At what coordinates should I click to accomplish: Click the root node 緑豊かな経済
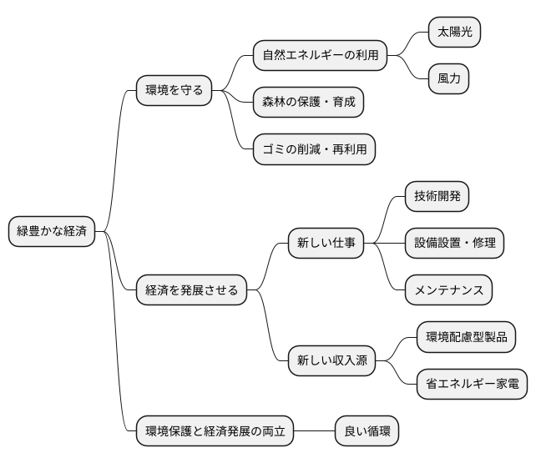coord(52,231)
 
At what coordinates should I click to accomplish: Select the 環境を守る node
coord(174,89)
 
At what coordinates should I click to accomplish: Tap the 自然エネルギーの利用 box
coord(321,55)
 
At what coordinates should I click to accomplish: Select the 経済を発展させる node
coord(192,290)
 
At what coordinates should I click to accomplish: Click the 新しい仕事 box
coord(326,244)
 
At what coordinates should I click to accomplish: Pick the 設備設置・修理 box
coord(455,244)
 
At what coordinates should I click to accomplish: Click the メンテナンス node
coord(448,290)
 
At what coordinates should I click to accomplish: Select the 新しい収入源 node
coord(331,361)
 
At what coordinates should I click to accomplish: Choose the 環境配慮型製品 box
coord(466,337)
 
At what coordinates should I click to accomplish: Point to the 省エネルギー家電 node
coord(472,384)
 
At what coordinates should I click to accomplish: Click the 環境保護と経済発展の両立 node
coord(215,431)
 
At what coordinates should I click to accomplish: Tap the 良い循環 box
coord(367,431)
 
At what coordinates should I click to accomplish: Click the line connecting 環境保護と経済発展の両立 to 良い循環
coord(314,431)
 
